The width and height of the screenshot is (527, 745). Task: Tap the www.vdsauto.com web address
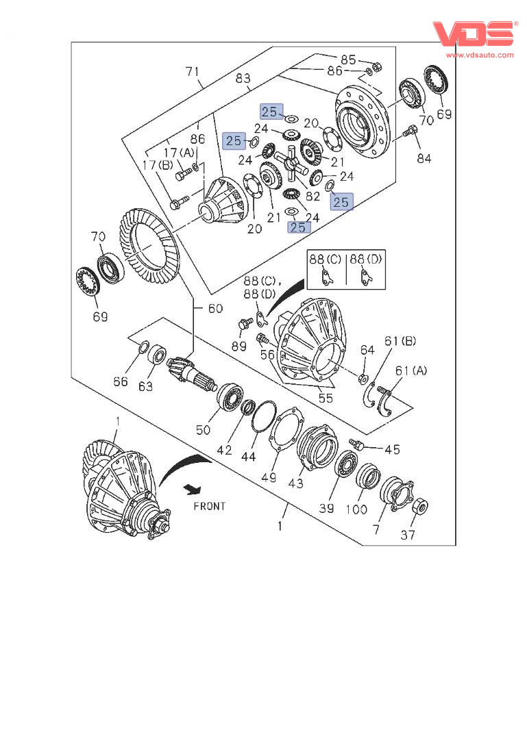(x=480, y=55)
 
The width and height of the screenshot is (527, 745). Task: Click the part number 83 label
(x=243, y=79)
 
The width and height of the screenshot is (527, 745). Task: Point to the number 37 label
(x=408, y=535)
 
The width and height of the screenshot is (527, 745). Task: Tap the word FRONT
(x=209, y=507)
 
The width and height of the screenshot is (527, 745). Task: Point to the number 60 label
(x=215, y=309)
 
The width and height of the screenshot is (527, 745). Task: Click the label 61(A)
(x=410, y=370)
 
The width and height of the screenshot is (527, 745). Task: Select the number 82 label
(x=313, y=195)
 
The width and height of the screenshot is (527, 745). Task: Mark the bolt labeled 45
(x=358, y=446)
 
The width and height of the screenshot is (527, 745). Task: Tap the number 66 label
(x=121, y=381)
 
